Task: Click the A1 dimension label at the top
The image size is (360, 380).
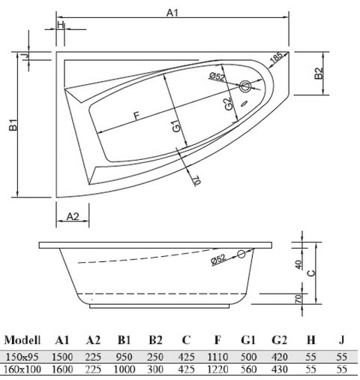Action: pyautogui.click(x=173, y=13)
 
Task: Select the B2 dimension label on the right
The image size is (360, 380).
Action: pyautogui.click(x=318, y=74)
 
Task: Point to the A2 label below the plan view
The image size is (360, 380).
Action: pyautogui.click(x=73, y=216)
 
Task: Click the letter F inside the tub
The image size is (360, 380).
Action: pyautogui.click(x=136, y=115)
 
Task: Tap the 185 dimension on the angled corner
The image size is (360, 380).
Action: pyautogui.click(x=277, y=57)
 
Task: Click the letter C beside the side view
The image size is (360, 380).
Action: pyautogui.click(x=322, y=273)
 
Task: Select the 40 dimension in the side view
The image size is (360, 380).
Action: pyautogui.click(x=298, y=264)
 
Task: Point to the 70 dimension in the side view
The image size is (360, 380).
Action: pyautogui.click(x=298, y=299)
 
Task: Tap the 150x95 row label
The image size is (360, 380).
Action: pyautogui.click(x=20, y=357)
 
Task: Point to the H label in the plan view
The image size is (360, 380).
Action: pyautogui.click(x=59, y=25)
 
